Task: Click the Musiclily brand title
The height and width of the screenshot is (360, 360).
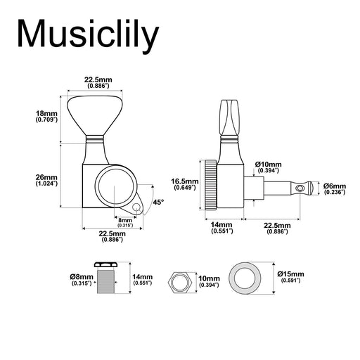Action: (88, 35)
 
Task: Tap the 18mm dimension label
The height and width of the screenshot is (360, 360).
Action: (46, 116)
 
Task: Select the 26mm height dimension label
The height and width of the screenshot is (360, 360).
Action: (46, 180)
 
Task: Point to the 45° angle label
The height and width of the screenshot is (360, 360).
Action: (158, 202)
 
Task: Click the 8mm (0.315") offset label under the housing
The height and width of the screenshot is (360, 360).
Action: (125, 223)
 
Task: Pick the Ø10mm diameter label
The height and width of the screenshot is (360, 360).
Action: (269, 167)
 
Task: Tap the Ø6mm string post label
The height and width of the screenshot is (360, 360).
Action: (335, 189)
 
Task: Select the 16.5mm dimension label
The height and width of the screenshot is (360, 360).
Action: (185, 184)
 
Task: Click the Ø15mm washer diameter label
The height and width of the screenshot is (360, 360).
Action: (291, 277)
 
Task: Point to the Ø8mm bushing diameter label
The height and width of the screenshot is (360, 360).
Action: (82, 280)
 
